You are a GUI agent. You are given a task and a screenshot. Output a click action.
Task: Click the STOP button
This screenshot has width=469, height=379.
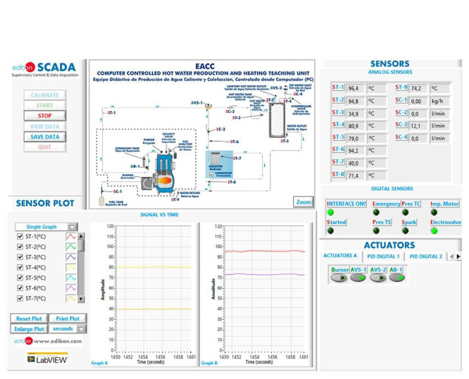pyautogui.click(x=44, y=116)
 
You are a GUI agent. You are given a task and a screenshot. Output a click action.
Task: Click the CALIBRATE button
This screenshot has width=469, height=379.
pyautogui.click(x=44, y=94)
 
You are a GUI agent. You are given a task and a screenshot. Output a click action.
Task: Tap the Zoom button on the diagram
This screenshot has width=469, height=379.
pyautogui.click(x=303, y=201)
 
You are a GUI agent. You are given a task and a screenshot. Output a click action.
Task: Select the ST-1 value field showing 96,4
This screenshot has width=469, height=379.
pyautogui.click(x=356, y=88)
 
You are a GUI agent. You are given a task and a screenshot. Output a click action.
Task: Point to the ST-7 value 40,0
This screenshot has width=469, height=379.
pyautogui.click(x=356, y=163)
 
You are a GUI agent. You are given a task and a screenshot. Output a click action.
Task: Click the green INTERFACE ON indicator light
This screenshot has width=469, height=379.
pyautogui.click(x=330, y=212)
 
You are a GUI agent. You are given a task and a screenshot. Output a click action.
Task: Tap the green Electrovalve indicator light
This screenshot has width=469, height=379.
pyautogui.click(x=434, y=230)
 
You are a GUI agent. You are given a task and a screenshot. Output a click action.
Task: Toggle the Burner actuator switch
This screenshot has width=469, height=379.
pyautogui.click(x=339, y=278)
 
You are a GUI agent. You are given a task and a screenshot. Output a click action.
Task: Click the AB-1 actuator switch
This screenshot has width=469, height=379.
pyautogui.click(x=396, y=278)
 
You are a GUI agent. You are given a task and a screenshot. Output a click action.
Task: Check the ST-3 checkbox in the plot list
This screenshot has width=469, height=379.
pyautogui.click(x=20, y=257)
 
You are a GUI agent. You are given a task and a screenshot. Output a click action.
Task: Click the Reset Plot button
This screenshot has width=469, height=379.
pyautogui.click(x=28, y=318)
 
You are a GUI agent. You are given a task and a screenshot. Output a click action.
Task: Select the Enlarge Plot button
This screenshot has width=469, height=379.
pyautogui.click(x=28, y=328)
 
